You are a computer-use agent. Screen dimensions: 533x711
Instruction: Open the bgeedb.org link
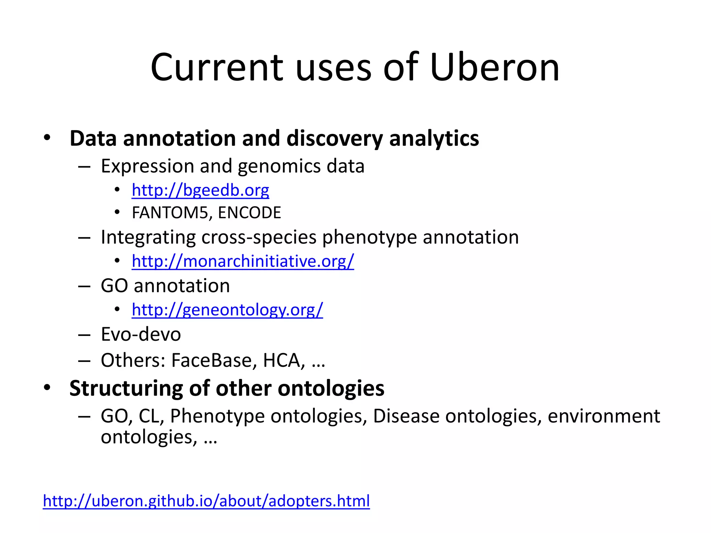point(200,190)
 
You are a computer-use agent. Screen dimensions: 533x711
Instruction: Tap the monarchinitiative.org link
point(243,261)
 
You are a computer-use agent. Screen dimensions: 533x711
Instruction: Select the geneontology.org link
point(227,310)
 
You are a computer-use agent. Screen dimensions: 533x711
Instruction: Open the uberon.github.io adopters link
point(206,501)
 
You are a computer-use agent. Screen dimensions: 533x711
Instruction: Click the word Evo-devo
point(141,334)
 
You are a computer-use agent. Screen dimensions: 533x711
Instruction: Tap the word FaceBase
point(214,360)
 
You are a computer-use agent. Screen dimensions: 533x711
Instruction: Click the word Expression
point(147,166)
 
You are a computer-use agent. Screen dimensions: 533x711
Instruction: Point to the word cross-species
point(259,238)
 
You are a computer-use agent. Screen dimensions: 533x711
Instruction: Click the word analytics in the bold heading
point(434,139)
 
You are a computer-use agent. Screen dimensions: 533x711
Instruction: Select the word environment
point(604,416)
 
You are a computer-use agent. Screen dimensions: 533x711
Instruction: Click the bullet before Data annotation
point(47,138)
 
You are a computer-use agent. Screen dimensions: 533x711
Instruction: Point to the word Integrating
point(148,238)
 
